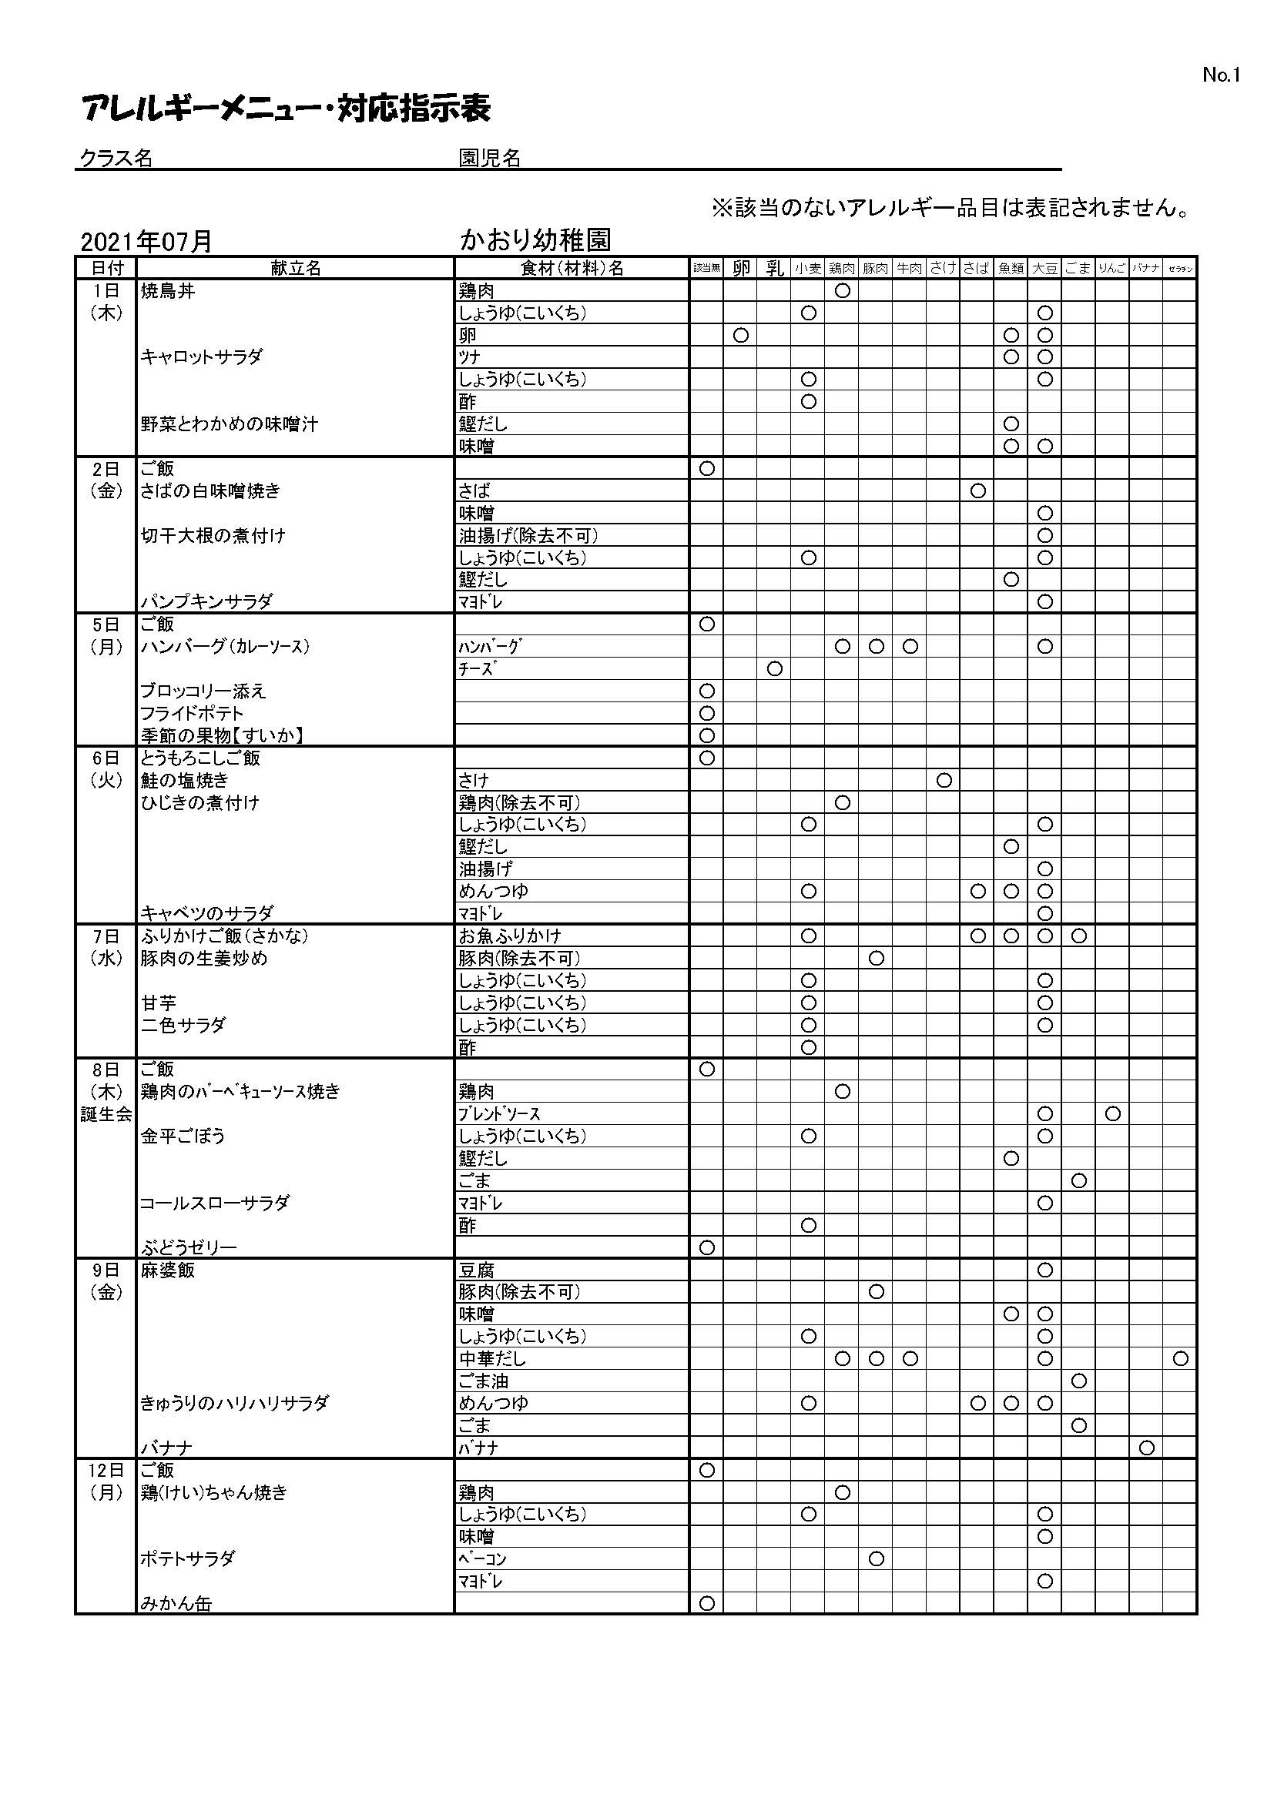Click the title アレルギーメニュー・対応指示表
click(x=287, y=109)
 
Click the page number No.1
click(x=1221, y=75)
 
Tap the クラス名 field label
click(x=116, y=159)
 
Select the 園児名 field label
click(x=490, y=159)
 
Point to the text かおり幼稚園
click(x=536, y=239)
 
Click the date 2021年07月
click(x=146, y=242)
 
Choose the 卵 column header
click(x=740, y=268)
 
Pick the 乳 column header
click(x=774, y=268)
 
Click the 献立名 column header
click(x=296, y=268)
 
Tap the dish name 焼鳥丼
click(x=168, y=291)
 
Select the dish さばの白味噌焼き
click(x=210, y=491)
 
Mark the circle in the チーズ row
click(x=774, y=669)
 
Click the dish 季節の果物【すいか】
click(x=222, y=736)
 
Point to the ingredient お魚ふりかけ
click(x=511, y=936)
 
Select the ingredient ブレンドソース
click(x=500, y=1114)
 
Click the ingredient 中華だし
click(x=493, y=1358)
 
